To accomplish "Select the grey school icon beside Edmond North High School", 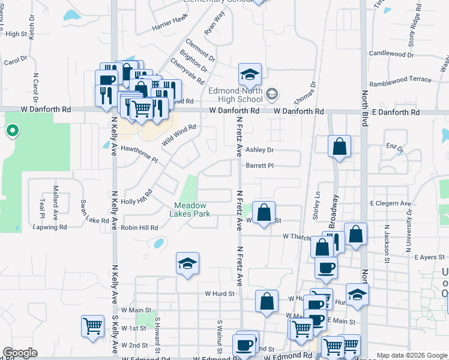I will (272, 93).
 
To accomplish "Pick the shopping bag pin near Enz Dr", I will (339, 146).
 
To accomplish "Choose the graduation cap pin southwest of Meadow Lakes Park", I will (187, 263).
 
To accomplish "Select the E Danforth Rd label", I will (394, 112).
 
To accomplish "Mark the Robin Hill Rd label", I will (139, 228).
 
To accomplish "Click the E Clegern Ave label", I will (391, 204).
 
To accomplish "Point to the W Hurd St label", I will (218, 294).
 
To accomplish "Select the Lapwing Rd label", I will (52, 227).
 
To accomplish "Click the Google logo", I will (20, 353).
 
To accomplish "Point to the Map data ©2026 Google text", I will (412, 355).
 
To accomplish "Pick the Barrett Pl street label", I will (259, 166).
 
